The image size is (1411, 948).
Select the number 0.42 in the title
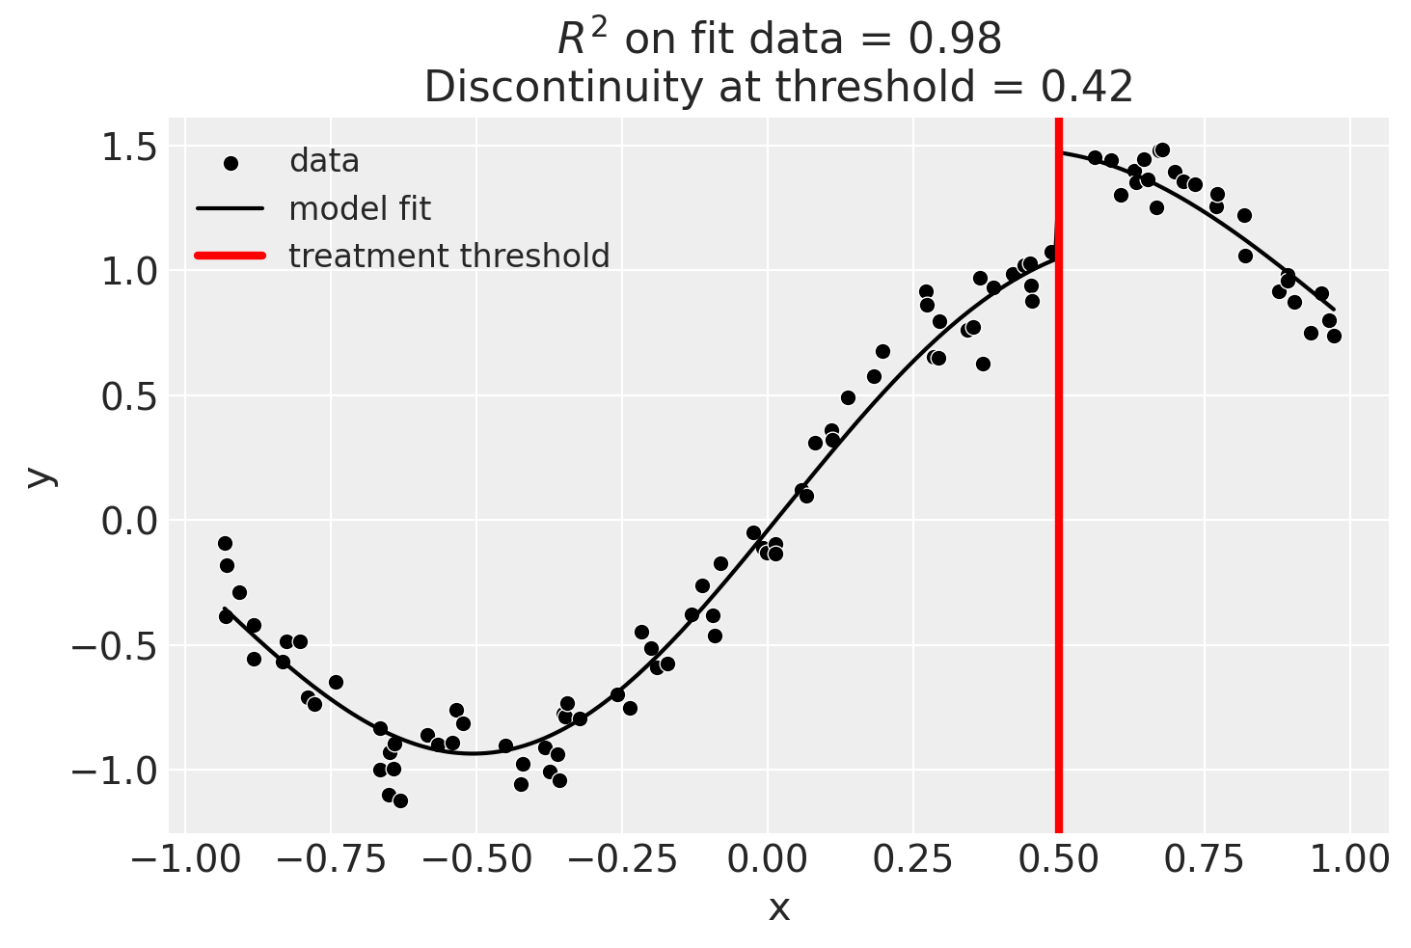click(x=1086, y=88)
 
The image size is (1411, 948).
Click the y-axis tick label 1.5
click(x=129, y=148)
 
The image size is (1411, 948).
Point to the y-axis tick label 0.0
click(x=129, y=521)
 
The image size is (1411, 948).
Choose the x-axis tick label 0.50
click(x=1059, y=857)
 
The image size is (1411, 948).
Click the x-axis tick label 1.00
click(x=1350, y=857)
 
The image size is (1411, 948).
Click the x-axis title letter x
click(x=778, y=907)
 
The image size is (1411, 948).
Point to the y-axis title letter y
click(x=39, y=475)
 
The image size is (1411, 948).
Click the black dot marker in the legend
click(x=231, y=163)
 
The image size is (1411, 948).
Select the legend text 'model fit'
click(x=360, y=208)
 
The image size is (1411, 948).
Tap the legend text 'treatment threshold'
click(x=449, y=256)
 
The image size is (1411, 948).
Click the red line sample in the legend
click(x=231, y=256)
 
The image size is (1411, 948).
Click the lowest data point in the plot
click(x=400, y=800)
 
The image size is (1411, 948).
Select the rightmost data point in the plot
click(x=1334, y=336)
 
